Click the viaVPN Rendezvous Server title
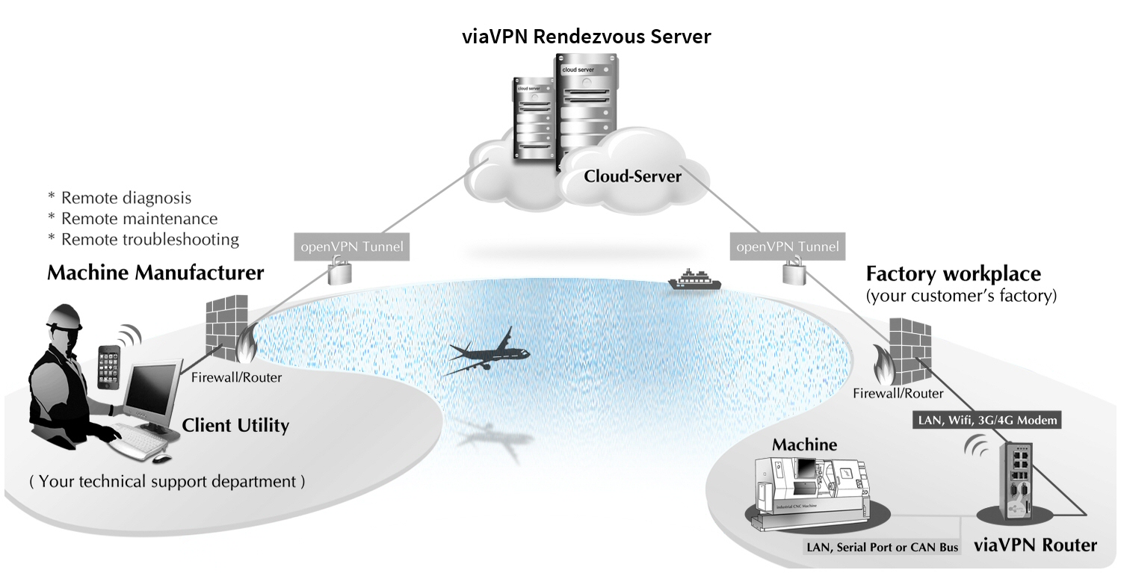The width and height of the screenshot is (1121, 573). coord(585,35)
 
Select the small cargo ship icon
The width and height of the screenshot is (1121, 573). coord(694,281)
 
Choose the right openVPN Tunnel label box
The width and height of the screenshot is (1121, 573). coord(787,246)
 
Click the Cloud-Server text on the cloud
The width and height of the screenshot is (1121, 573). coord(632,176)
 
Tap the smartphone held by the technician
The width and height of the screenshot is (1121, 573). coord(109,365)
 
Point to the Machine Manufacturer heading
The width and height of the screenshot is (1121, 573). coord(155,273)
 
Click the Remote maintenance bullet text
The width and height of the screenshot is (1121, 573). coord(139,219)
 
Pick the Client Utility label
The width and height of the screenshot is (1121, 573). coord(235,426)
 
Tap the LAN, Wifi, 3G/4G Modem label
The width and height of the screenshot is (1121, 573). coord(987,420)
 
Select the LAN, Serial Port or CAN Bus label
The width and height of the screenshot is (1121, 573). coord(882,548)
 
